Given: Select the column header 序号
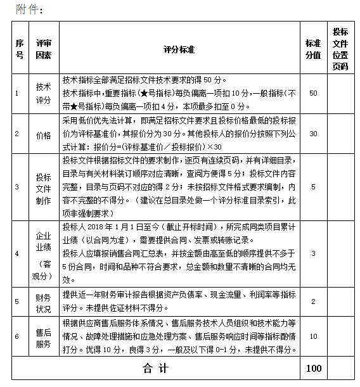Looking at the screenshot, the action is point(19,49).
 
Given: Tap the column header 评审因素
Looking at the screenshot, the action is point(43,49).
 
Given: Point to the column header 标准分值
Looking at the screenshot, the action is point(313,49).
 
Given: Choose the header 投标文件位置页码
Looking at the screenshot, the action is point(340,49).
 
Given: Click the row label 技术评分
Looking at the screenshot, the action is point(43,93).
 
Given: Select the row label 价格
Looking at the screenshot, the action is point(43,134).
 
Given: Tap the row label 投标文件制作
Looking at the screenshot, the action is point(43,186).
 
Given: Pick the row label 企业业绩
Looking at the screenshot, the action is point(43,241).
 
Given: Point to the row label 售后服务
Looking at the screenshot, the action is point(43,337).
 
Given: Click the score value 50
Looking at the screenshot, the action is point(313,93).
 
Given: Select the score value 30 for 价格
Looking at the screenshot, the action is point(313,134).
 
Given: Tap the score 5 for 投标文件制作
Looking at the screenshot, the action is point(313,186).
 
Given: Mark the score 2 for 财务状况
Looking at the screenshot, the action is point(313,301).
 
